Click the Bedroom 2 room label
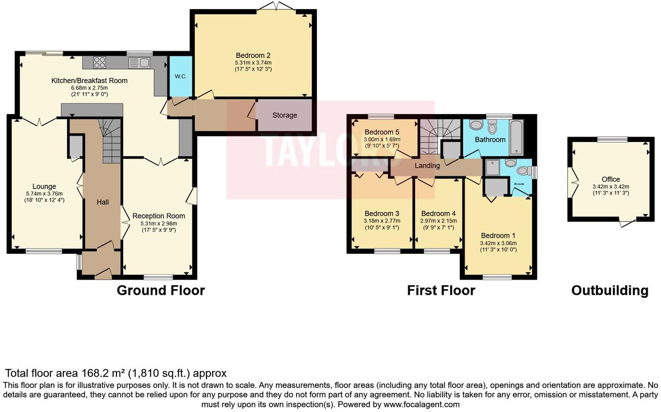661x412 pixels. click(253, 55)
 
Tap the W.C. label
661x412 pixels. click(180, 76)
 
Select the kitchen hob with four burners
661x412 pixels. click(100, 62)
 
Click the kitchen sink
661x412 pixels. click(139, 63)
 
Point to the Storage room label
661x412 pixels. click(284, 115)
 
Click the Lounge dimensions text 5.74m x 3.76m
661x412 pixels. click(44, 193)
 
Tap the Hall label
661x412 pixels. click(103, 202)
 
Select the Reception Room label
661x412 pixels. click(159, 216)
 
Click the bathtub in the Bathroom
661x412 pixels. click(517, 138)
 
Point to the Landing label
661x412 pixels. click(427, 165)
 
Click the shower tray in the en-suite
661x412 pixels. click(492, 168)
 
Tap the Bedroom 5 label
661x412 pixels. click(382, 132)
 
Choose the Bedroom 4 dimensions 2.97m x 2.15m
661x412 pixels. click(438, 221)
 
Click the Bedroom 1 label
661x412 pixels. click(498, 236)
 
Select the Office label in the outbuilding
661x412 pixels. click(611, 179)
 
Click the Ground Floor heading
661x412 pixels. click(161, 290)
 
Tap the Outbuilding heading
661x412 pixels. click(610, 290)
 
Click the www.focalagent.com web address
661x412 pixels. click(421, 404)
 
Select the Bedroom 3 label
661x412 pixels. click(382, 213)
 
